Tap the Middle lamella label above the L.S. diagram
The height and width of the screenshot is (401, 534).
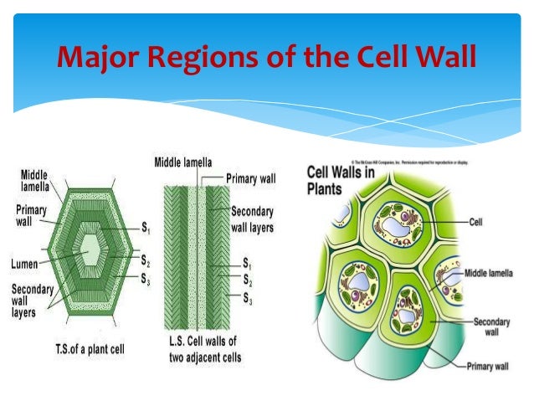[x=182, y=161]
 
